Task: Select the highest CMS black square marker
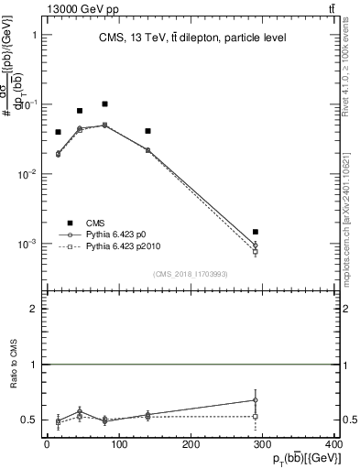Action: (x=105, y=104)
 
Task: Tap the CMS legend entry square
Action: (x=69, y=223)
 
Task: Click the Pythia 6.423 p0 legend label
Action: (x=126, y=235)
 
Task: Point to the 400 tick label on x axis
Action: (x=333, y=444)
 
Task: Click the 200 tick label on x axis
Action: (x=191, y=444)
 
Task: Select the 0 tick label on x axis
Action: (x=47, y=444)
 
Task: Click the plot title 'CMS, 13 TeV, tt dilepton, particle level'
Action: (x=192, y=38)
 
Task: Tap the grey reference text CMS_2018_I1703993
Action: (x=191, y=274)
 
